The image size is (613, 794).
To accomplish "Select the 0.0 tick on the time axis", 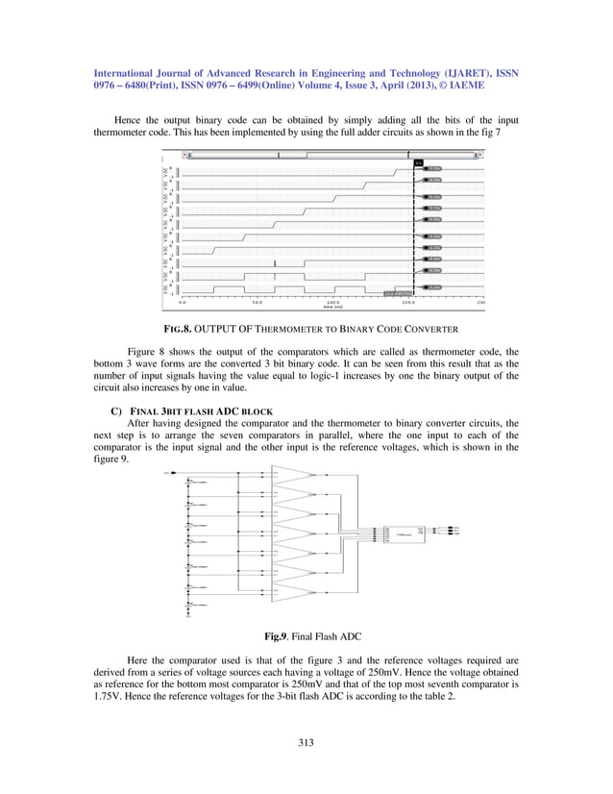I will tap(182, 303).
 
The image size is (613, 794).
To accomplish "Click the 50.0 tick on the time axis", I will tap(257, 303).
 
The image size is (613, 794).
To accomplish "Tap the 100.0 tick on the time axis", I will tap(333, 303).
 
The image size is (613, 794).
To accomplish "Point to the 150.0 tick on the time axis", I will tap(408, 303).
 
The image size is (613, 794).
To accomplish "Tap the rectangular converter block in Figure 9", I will tap(399, 531).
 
